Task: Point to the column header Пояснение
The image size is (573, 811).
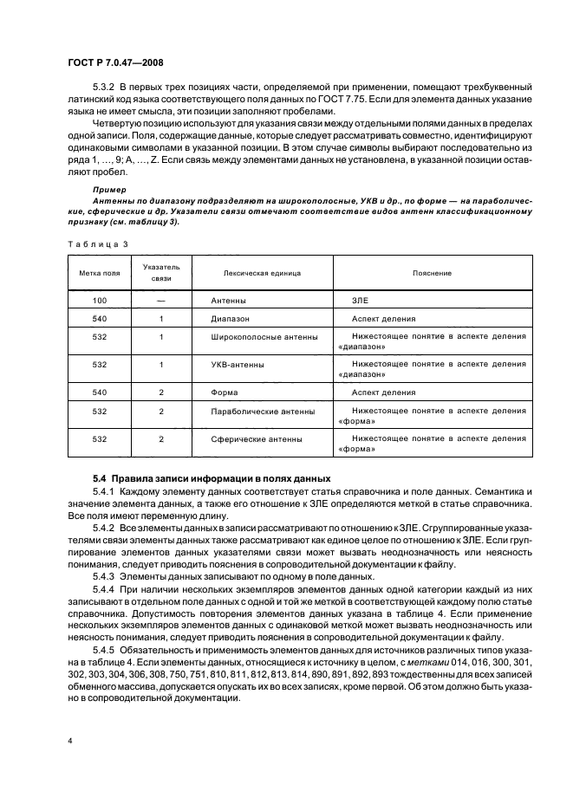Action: point(438,273)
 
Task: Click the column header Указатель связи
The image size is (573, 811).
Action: point(161,273)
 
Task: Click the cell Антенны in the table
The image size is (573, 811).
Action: point(229,300)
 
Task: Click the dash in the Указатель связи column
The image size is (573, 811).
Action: point(161,300)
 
